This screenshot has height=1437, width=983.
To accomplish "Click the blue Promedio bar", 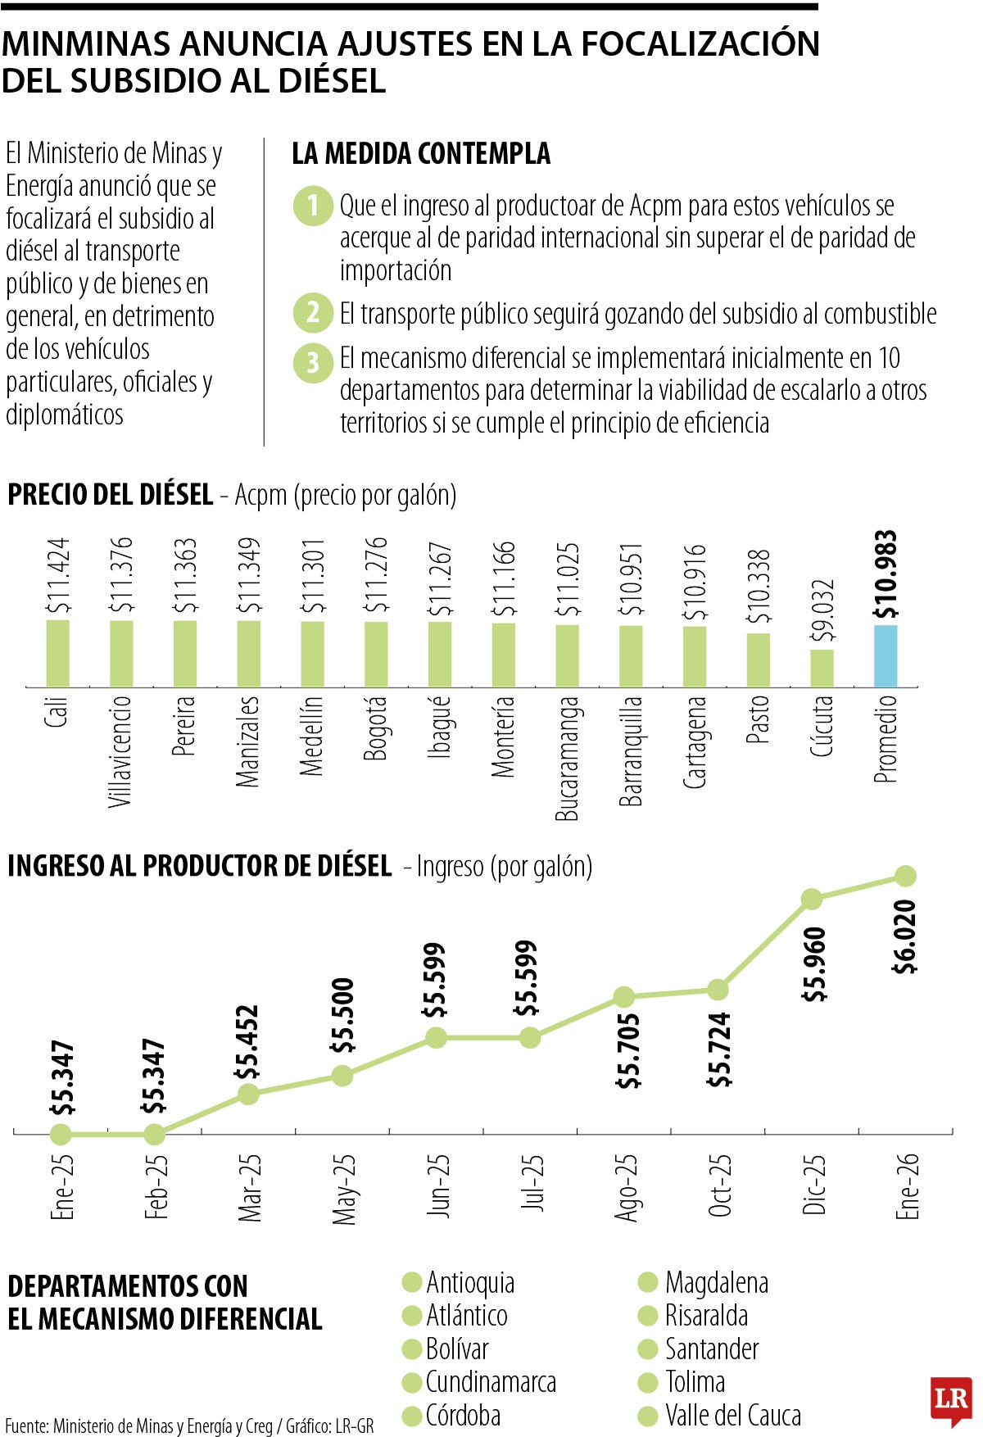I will coord(886,655).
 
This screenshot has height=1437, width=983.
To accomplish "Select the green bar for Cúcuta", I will coord(822,668).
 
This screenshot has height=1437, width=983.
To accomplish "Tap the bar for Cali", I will coord(57,653).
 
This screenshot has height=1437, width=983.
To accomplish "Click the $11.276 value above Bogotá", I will coord(376,575).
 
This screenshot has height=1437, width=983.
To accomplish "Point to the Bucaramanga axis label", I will coord(567,758).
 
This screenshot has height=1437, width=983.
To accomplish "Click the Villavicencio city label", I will coord(120,751).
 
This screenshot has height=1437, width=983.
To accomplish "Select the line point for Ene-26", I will coord(904,876).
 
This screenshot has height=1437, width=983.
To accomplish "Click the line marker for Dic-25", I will coord(811,899).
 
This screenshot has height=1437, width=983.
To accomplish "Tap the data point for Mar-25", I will coord(248,1094).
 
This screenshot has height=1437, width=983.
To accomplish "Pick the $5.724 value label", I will coord(719,1049).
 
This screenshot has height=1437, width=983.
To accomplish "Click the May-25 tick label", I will coord(344,1189).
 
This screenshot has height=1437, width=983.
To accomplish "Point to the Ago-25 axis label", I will coord(626,1188).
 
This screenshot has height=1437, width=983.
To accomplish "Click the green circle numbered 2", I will coord(313,312).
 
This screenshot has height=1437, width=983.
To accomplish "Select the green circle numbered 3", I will coord(313,361).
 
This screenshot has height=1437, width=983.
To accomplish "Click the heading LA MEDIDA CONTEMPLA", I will coord(421,153).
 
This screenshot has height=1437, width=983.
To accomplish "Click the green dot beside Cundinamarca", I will coord(412,1383).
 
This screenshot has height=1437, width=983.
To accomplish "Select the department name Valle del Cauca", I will coord(732,1416).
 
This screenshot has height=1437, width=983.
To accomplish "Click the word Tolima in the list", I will coord(695,1382).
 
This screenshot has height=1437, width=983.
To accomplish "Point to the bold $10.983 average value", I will coord(886,574).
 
